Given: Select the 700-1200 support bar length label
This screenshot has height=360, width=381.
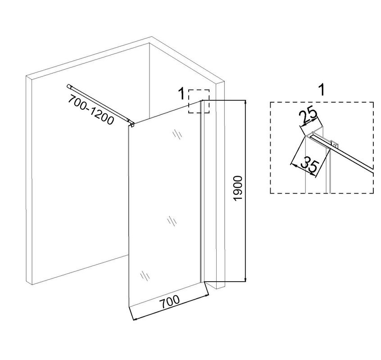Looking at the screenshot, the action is tap(91, 109).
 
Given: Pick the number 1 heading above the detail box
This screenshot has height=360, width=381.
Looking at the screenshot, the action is tap(322, 90).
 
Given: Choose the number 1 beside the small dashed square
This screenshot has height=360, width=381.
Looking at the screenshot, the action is tap(181, 94).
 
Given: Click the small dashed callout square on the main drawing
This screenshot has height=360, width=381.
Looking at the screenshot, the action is tap(199, 90).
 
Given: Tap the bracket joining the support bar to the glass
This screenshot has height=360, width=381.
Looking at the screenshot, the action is tap(132, 125).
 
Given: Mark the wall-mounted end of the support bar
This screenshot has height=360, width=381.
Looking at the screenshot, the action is tap(68, 86).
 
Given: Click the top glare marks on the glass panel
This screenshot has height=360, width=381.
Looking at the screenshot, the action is tap(177, 135).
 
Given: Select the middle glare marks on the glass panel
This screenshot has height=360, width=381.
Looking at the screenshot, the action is tap(172, 221).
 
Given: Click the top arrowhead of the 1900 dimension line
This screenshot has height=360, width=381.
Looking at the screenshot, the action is tap(245, 102).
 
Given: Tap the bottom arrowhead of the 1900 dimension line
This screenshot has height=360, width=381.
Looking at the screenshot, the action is tap(245, 279).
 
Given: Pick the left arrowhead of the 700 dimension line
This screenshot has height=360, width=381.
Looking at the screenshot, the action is tap(136, 319).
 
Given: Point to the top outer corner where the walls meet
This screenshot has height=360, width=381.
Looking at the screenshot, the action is tap(152, 37).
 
